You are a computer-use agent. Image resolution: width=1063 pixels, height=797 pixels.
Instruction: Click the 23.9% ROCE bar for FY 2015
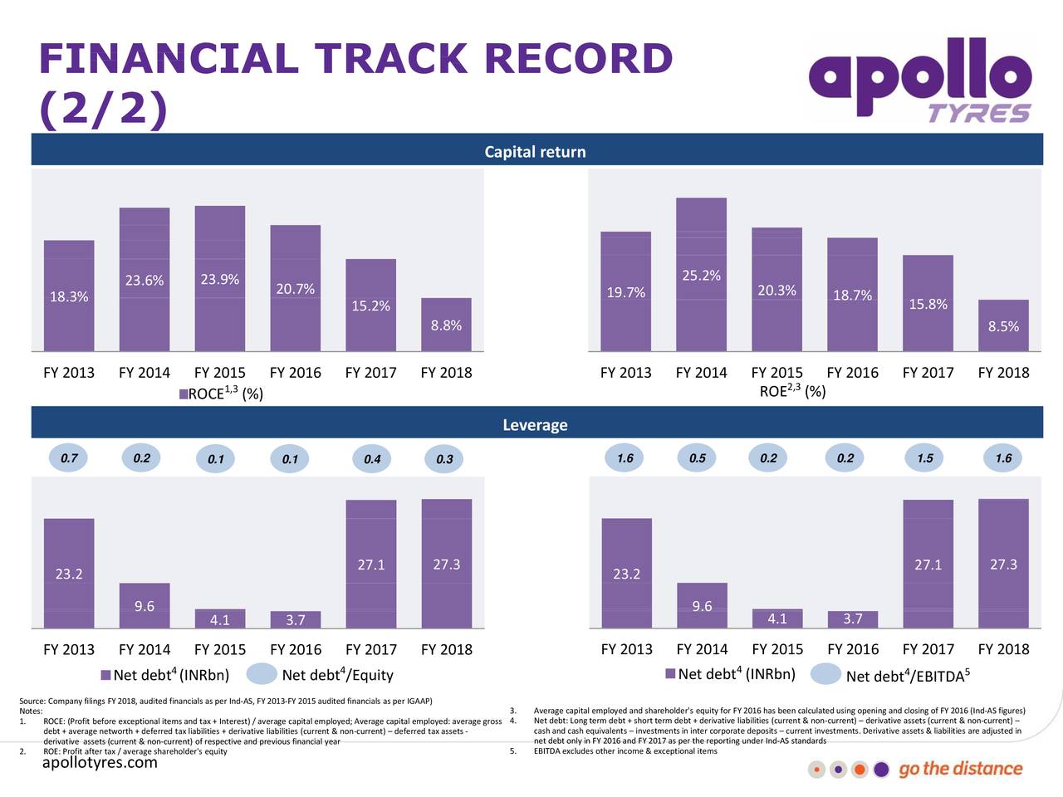point(219,278)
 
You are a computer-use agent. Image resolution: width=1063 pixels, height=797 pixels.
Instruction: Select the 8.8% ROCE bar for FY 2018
point(446,325)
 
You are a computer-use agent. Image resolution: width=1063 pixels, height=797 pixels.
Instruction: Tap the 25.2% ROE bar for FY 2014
point(701,274)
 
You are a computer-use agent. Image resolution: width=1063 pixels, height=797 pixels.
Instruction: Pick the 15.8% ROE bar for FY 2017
point(928,303)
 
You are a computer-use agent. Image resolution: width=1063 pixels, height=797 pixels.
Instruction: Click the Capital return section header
point(535,152)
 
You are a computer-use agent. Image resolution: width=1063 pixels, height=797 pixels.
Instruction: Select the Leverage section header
point(535,425)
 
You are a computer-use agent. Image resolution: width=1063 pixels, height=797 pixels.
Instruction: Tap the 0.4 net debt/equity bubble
point(372,459)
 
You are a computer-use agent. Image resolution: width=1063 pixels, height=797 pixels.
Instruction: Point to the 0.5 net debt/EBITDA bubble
point(698,458)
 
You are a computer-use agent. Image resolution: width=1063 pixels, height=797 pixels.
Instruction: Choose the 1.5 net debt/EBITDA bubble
point(924,458)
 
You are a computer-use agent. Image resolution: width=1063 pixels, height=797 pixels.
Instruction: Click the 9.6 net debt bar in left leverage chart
point(145,606)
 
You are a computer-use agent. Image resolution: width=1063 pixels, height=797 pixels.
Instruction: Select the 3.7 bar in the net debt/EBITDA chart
point(853,619)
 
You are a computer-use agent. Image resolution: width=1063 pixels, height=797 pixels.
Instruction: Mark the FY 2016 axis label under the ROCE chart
point(295,373)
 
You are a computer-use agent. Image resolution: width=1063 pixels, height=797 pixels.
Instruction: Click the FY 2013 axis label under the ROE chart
point(625,373)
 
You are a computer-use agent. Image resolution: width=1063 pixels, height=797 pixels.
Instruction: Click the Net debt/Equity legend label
point(337,675)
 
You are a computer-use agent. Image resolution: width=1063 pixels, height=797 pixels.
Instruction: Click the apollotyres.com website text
point(100,762)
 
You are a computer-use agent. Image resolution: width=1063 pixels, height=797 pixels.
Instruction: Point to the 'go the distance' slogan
point(960,769)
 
